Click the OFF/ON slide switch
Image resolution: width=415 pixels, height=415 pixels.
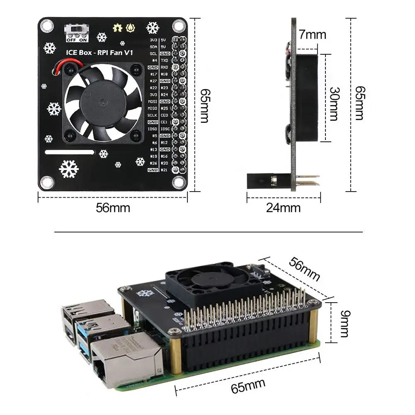(77, 30)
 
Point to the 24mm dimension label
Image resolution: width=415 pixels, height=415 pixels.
(283, 207)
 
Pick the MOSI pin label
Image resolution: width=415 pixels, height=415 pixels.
(152, 101)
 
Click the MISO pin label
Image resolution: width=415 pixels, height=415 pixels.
(152, 108)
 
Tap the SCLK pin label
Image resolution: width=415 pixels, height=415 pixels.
(152, 115)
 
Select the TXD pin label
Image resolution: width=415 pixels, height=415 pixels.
(164, 60)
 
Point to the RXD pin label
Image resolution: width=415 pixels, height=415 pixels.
(164, 67)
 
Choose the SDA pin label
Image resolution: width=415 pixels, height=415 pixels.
(153, 46)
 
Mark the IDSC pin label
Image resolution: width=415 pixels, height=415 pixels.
(165, 129)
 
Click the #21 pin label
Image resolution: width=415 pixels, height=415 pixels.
(164, 170)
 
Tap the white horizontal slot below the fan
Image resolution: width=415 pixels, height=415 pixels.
(70, 152)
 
